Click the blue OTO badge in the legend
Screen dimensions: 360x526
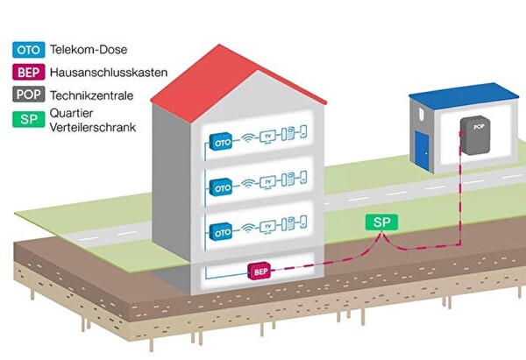click(x=28, y=50)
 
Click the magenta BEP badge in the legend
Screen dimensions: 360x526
click(x=28, y=74)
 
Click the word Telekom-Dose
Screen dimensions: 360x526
click(x=89, y=50)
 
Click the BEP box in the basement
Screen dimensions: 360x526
click(x=260, y=271)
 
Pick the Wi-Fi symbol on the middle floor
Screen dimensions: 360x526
click(x=249, y=184)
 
